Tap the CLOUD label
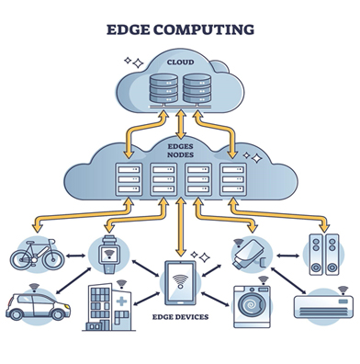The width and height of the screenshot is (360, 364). (x=180, y=62)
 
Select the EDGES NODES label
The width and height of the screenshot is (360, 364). (x=180, y=151)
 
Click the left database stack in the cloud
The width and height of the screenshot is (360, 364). (x=162, y=89)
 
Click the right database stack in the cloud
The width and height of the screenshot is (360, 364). (x=197, y=89)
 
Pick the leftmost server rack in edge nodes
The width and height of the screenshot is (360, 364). (x=128, y=180)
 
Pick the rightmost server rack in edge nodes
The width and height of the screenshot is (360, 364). (x=232, y=180)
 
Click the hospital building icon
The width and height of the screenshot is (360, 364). (x=109, y=308)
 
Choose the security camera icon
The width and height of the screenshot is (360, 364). (x=248, y=253)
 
